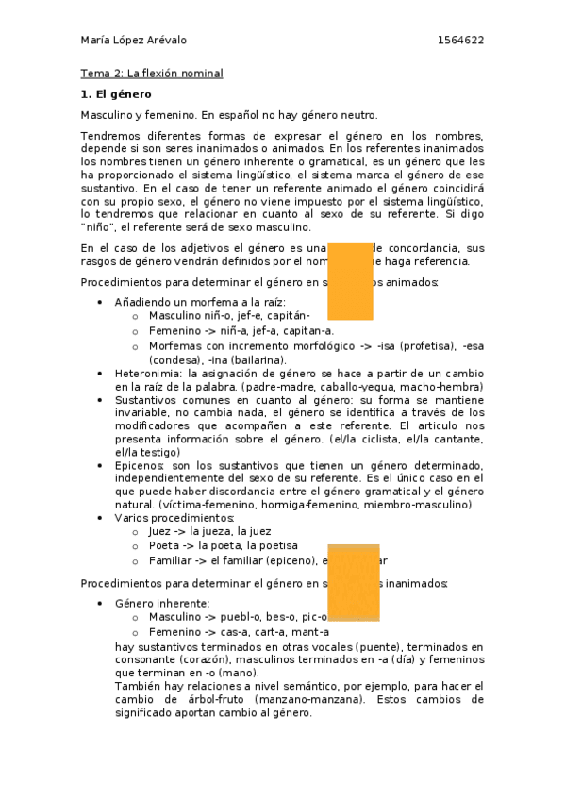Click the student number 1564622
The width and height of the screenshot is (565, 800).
pos(461,41)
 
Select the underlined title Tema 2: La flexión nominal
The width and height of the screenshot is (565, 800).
pos(151,74)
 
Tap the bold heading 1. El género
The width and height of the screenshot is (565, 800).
pos(116,94)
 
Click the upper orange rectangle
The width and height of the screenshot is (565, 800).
pos(349,280)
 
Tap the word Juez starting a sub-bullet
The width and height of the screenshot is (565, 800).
pos(161,532)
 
